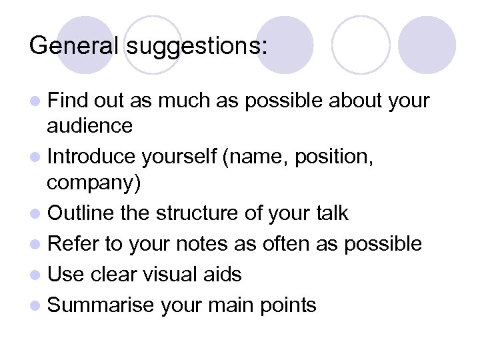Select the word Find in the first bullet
click(x=69, y=101)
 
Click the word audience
click(x=90, y=125)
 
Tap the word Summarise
click(x=102, y=305)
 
